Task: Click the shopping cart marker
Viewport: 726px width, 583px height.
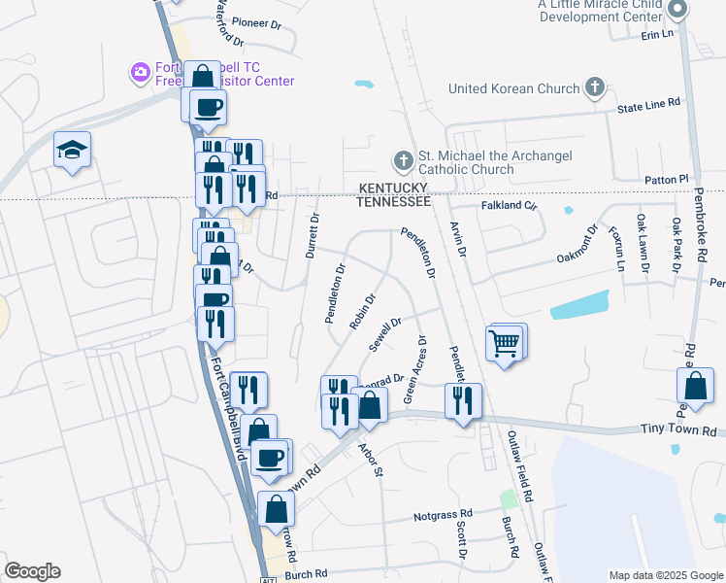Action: pyautogui.click(x=506, y=343)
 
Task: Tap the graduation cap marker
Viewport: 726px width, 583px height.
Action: pyautogui.click(x=71, y=151)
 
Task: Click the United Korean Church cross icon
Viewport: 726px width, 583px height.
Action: pyautogui.click(x=594, y=88)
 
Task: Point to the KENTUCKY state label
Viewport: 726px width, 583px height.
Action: pyautogui.click(x=393, y=187)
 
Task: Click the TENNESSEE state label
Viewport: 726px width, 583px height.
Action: pyautogui.click(x=393, y=201)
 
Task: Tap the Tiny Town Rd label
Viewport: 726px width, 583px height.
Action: pyautogui.click(x=678, y=429)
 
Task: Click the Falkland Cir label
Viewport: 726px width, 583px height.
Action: pyautogui.click(x=510, y=206)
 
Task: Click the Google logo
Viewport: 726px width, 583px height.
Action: pyautogui.click(x=32, y=571)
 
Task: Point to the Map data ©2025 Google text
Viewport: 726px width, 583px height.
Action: pyautogui.click(x=665, y=575)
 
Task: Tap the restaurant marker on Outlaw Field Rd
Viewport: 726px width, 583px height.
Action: pyautogui.click(x=463, y=398)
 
